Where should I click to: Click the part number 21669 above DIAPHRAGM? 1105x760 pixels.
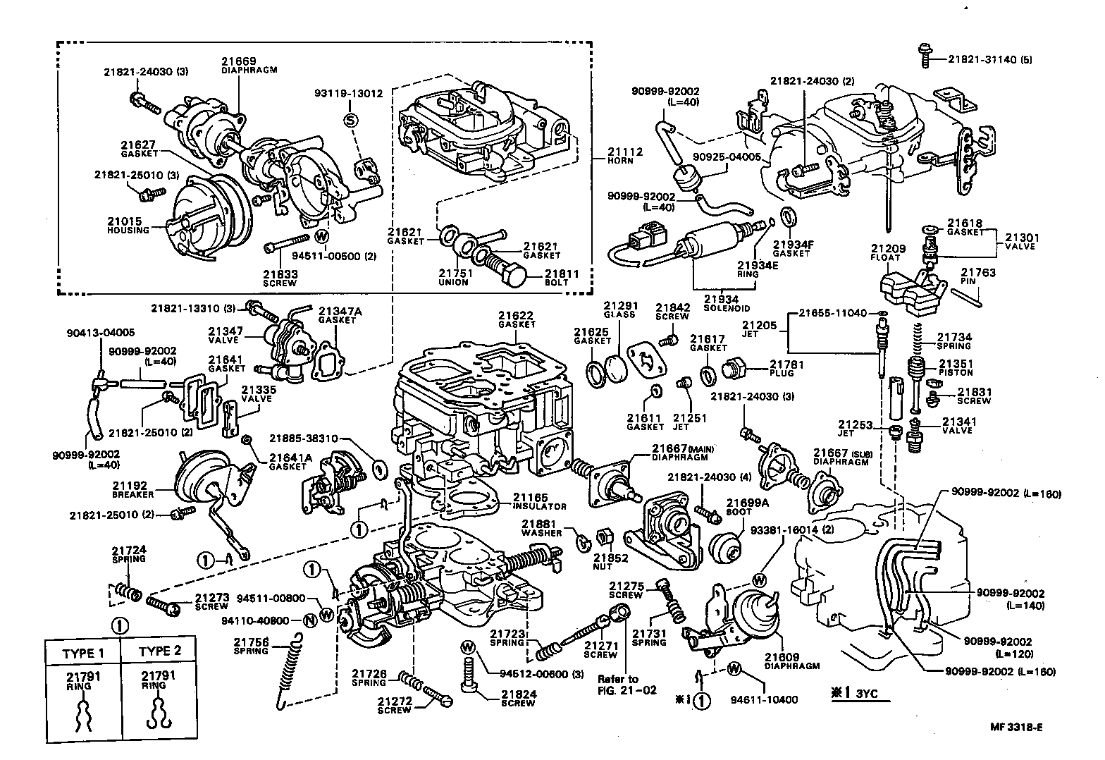click(x=239, y=61)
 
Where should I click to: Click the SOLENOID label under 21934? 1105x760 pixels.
click(x=726, y=309)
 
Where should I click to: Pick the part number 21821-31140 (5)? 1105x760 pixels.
click(x=989, y=60)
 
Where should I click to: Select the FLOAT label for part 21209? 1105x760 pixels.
click(x=886, y=258)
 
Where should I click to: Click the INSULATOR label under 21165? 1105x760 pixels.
click(x=539, y=506)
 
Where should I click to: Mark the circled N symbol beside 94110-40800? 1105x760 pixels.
click(x=309, y=620)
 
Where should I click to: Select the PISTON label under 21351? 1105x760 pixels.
click(x=954, y=373)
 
